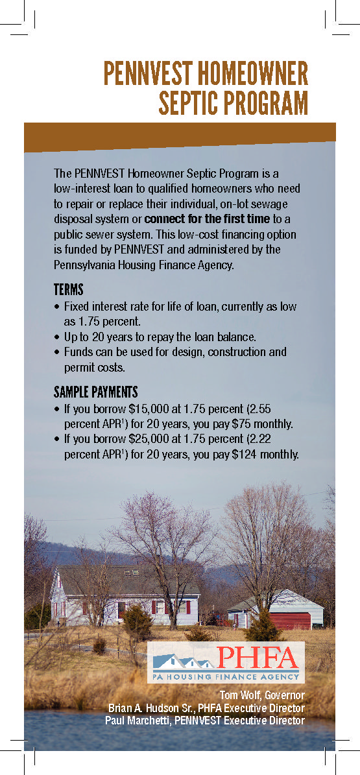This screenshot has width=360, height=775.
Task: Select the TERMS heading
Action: [x=68, y=290]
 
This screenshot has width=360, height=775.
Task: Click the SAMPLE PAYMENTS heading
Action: [x=95, y=392]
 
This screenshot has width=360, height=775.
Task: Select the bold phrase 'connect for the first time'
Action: [x=208, y=218]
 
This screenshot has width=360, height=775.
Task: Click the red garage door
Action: [x=290, y=620]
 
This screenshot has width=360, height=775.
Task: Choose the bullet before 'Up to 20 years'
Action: [x=57, y=337]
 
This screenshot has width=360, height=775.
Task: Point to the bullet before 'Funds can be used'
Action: [x=57, y=352]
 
